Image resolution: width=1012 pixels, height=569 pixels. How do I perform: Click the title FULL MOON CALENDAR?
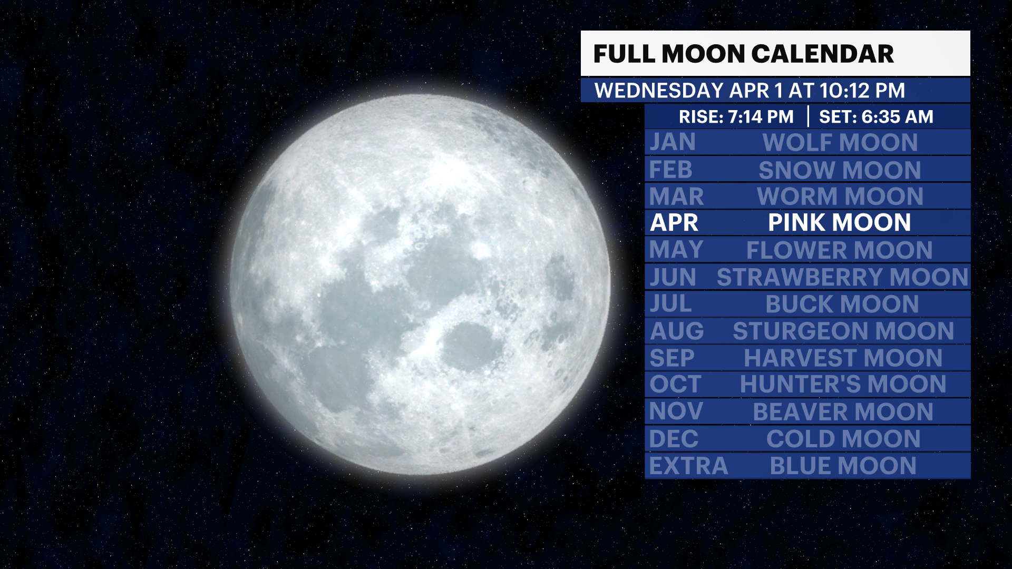click(743, 54)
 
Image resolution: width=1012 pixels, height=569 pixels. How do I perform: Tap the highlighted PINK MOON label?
click(839, 222)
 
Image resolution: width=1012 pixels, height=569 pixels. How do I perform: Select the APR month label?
click(674, 222)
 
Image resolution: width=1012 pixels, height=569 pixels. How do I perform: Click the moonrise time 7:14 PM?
click(761, 116)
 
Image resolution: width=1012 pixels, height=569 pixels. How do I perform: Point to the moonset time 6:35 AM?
click(897, 116)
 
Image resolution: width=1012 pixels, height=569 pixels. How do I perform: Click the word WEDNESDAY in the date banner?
click(659, 91)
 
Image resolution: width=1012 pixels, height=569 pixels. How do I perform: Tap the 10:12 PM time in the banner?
click(862, 91)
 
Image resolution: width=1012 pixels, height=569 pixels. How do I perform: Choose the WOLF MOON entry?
click(840, 142)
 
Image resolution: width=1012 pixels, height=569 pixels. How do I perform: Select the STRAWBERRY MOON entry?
click(842, 277)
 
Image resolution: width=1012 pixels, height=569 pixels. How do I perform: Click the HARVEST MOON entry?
click(843, 358)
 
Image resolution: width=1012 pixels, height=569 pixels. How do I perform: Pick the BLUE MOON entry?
click(843, 466)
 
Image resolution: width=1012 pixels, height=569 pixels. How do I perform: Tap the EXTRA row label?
click(688, 466)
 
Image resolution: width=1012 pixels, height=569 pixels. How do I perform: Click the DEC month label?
click(674, 438)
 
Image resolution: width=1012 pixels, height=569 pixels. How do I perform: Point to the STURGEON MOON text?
click(843, 331)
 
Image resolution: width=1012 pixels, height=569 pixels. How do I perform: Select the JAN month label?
click(673, 142)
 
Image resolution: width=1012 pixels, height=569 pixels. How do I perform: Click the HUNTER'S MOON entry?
click(843, 384)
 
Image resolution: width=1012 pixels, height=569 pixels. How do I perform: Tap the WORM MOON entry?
click(840, 197)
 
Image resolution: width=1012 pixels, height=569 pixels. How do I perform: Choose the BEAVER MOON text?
click(843, 411)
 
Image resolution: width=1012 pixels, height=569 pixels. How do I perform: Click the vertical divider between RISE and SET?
click(808, 116)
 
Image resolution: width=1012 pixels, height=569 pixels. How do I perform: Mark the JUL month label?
click(670, 304)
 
